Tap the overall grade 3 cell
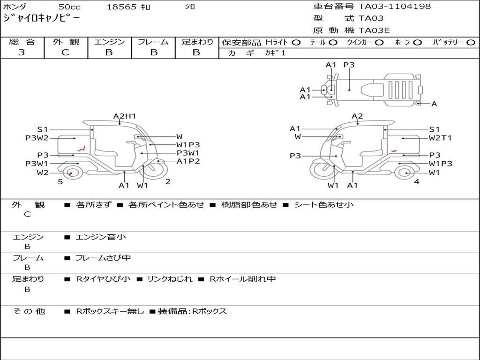click(22, 52)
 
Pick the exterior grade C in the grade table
click(65, 52)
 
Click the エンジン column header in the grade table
click(109, 42)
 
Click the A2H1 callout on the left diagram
click(124, 116)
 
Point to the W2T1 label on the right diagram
click(440, 138)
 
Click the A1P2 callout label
click(188, 161)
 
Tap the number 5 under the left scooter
click(60, 181)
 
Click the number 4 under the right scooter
click(416, 181)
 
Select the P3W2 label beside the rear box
click(37, 138)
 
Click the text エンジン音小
click(101, 237)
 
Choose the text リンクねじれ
click(170, 279)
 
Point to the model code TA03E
click(374, 30)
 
